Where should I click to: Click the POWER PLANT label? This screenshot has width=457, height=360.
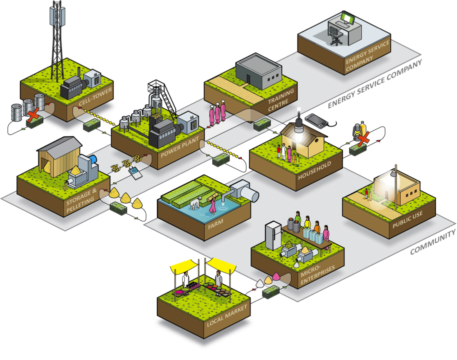(x=180, y=148)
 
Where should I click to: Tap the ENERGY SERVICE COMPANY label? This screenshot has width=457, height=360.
(x=367, y=55)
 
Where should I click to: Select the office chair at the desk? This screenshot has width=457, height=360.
(x=336, y=36)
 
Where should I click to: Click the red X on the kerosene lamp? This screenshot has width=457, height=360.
(x=362, y=137)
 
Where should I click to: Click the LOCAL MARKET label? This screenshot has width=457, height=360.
(x=227, y=315)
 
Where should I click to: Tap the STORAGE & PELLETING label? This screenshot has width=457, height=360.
(x=81, y=202)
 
